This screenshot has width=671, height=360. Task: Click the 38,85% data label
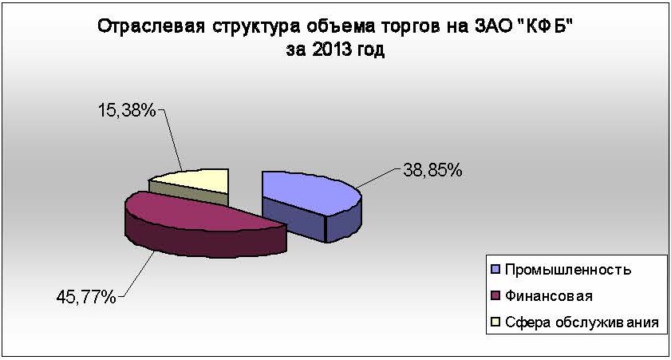coord(432,170)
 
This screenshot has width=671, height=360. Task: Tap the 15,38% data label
coord(127,111)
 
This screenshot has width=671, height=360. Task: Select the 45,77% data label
coord(86,297)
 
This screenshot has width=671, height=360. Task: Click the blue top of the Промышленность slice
coord(306,191)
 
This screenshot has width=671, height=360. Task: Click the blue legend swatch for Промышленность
coord(496,270)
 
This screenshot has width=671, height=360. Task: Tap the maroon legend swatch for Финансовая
coord(496,296)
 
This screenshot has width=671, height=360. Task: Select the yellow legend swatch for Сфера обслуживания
coord(496,322)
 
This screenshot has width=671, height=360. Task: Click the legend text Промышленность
coord(568,270)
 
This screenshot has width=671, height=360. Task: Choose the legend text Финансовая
coord(549,296)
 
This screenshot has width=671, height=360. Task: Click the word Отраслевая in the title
coord(150,26)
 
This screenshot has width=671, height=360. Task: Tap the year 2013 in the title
coord(328,49)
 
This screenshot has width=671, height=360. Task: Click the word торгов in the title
coord(411,28)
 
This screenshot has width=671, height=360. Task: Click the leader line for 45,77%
coord(136,274)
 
